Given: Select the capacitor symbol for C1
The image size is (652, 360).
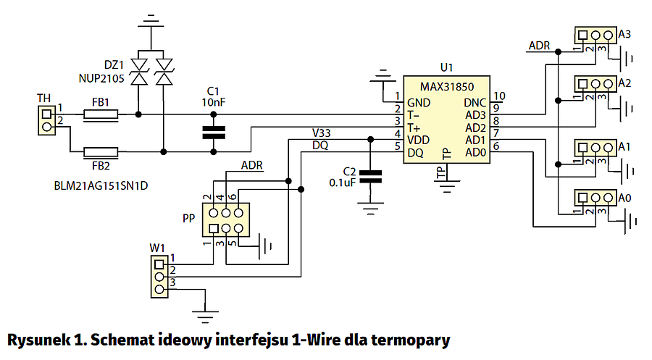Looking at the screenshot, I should click(213, 133).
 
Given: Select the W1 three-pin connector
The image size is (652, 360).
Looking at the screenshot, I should click(158, 275).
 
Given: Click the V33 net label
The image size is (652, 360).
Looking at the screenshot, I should click(322, 133).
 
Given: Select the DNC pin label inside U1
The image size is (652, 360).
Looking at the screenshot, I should click(475, 101).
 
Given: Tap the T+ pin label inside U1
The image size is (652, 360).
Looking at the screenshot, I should click(414, 127).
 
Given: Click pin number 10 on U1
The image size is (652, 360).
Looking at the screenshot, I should click(499, 96).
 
